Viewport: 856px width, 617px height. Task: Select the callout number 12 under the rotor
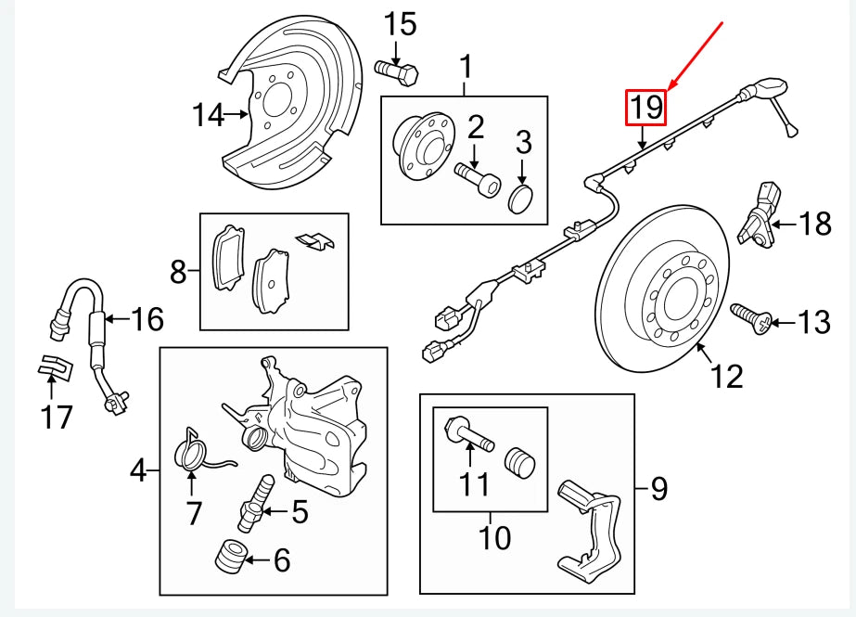click(x=727, y=377)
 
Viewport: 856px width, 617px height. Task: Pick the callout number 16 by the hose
click(x=147, y=320)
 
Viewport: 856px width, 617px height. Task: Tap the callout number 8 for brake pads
click(x=177, y=272)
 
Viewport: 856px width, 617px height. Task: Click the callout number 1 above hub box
click(x=466, y=68)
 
